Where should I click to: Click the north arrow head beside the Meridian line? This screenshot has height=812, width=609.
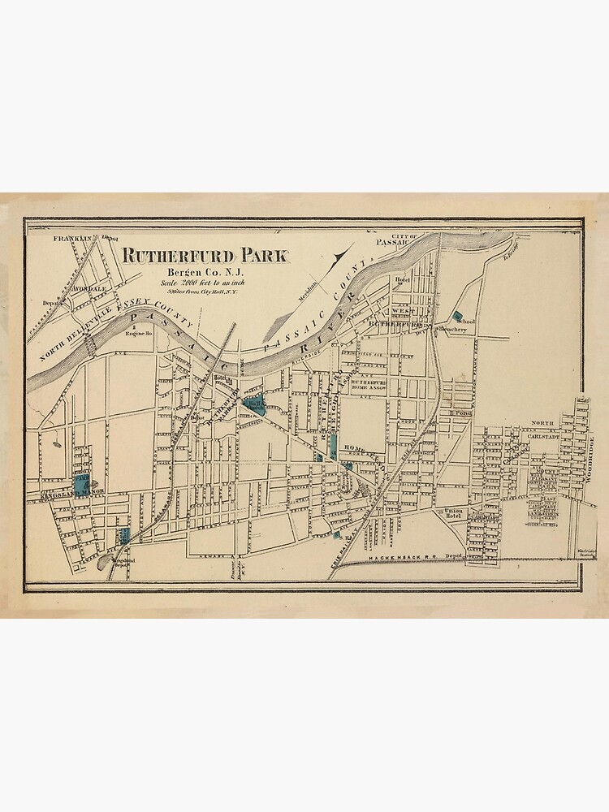(x=336, y=259)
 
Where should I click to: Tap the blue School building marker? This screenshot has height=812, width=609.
(x=457, y=315)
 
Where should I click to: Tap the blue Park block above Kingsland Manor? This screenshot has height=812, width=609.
(x=82, y=480)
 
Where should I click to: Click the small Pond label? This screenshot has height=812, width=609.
(x=464, y=413)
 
